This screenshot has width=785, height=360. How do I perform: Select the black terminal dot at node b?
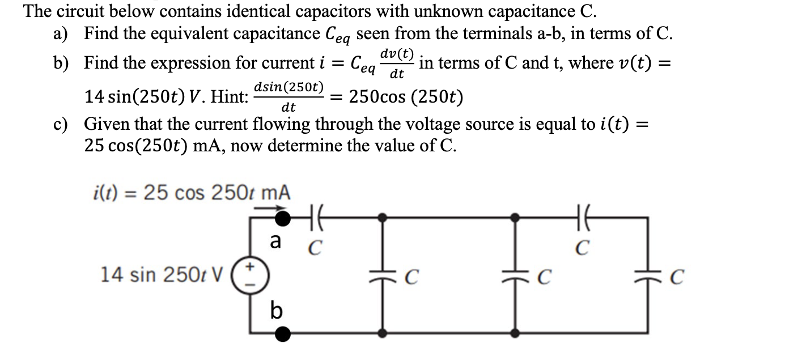click(x=282, y=334)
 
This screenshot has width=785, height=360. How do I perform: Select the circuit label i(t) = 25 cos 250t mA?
click(x=191, y=193)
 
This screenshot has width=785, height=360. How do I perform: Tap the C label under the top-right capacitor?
click(x=584, y=248)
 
